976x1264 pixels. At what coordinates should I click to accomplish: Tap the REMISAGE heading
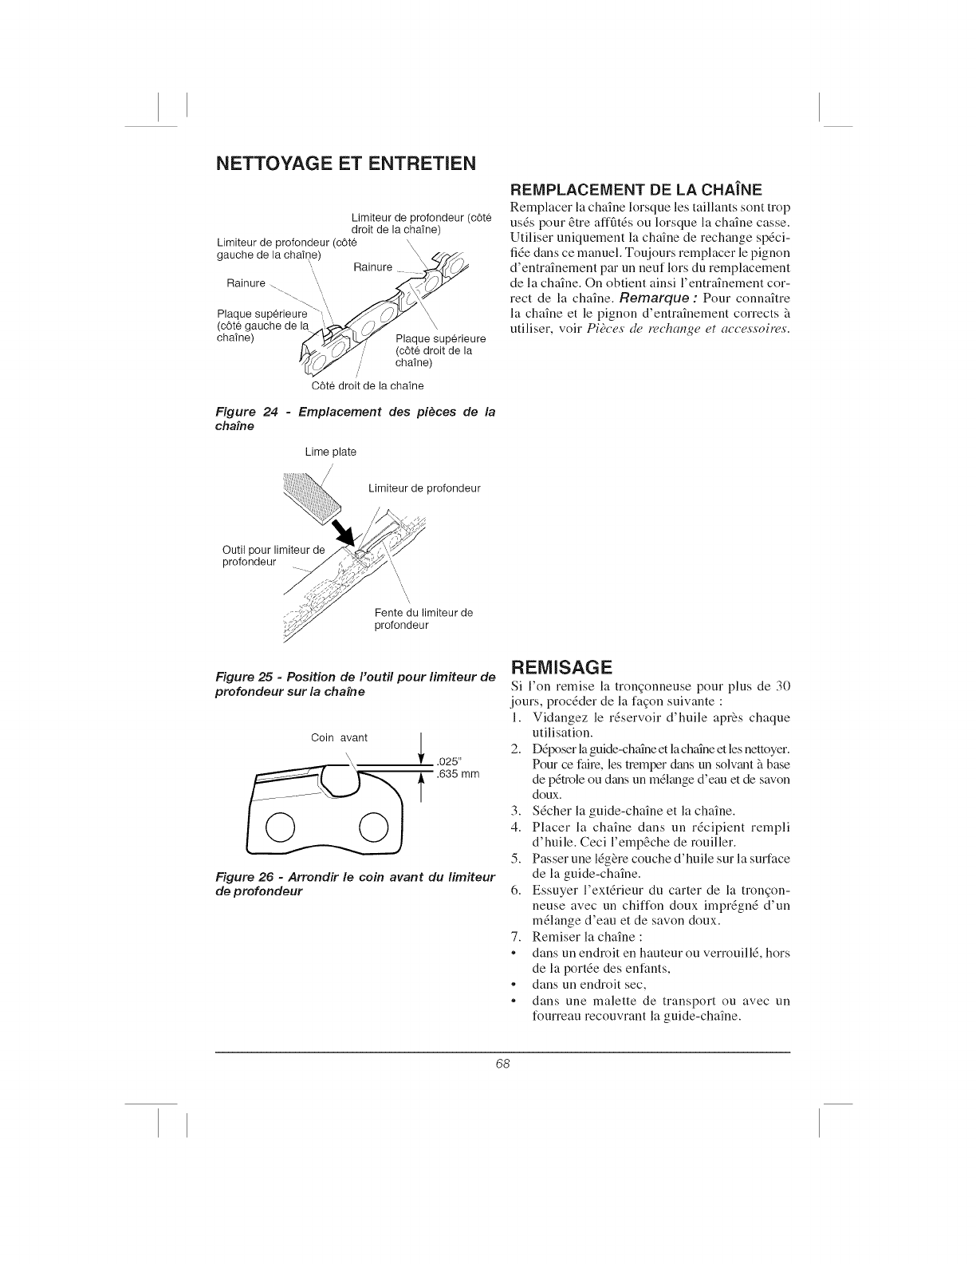point(561,666)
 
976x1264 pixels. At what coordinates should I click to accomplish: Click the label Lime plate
point(330,452)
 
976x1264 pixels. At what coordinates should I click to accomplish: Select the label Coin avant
point(339,737)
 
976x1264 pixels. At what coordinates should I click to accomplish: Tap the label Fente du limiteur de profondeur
point(423,618)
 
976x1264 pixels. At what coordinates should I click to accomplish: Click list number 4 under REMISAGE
point(515,826)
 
